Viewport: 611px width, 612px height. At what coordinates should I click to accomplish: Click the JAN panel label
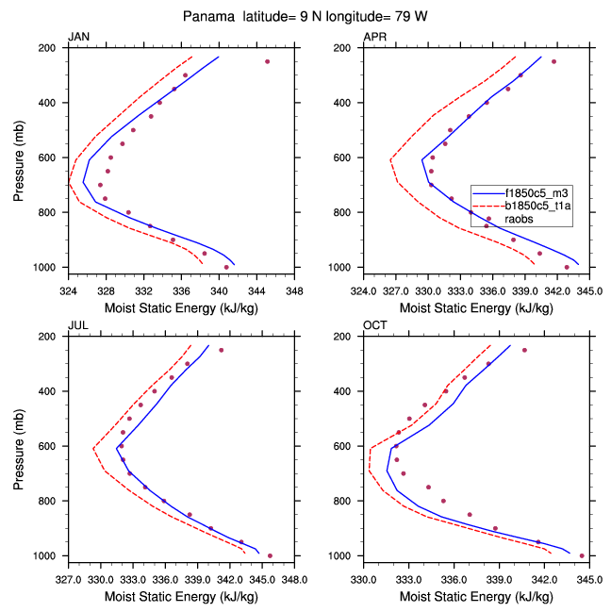[78, 37]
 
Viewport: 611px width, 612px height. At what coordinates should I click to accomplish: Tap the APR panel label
[374, 37]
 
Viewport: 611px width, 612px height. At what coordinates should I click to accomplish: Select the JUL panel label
[77, 325]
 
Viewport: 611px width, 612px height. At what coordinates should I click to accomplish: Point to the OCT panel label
[375, 325]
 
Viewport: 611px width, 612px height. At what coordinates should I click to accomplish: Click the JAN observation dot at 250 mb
[267, 61]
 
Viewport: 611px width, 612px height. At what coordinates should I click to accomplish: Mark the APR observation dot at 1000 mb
[567, 267]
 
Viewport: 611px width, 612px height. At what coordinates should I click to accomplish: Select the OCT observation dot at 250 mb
[524, 350]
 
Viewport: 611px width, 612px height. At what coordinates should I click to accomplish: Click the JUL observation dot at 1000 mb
[270, 555]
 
